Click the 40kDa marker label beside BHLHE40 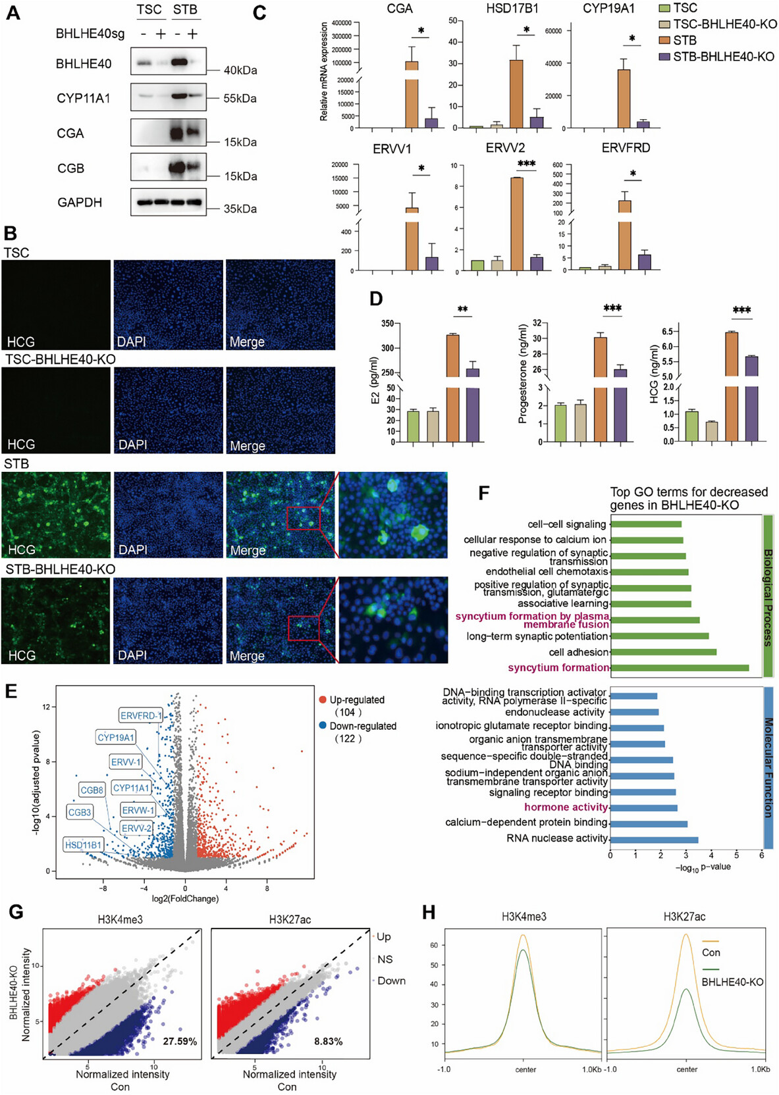coord(240,70)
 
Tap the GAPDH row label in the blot coord(80,203)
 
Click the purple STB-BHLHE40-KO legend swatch coord(664,57)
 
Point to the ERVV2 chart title coord(505,148)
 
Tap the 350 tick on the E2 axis coord(387,324)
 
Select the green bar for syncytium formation coord(679,668)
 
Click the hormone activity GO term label coord(566,807)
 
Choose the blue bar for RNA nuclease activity coord(654,839)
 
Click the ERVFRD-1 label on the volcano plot coord(141,715)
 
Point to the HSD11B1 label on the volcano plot coord(84,845)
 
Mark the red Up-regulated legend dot coord(323,700)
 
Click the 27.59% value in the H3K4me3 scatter coord(180,1041)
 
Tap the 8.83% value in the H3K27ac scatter coord(328,1041)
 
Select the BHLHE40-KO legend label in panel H coord(732,982)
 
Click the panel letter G coord(15,912)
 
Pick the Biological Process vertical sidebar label coord(768,597)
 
